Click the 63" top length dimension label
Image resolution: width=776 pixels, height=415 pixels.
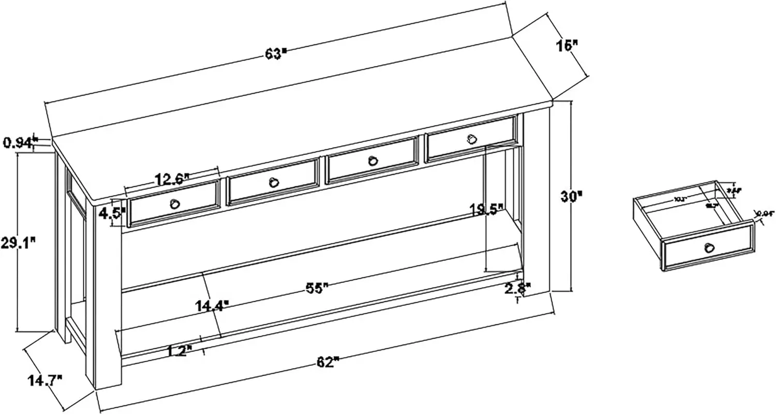(276, 53)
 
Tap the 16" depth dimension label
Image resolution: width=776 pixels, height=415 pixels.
(567, 46)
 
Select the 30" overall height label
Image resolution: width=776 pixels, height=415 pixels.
(572, 196)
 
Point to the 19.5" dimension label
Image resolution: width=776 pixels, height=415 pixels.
(487, 210)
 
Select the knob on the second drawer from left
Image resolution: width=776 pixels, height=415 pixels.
(274, 182)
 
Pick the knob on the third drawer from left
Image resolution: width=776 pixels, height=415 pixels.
(373, 160)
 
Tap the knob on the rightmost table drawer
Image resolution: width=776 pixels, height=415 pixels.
(471, 139)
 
